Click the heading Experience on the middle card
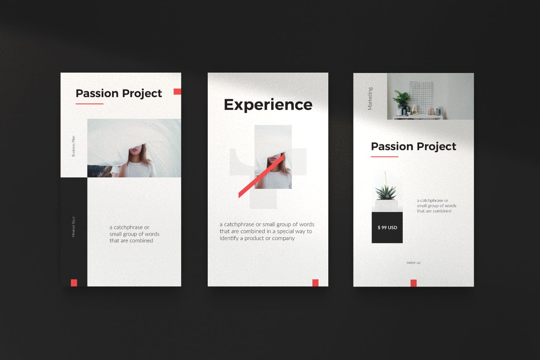[x=268, y=105]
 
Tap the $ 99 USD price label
[x=387, y=228]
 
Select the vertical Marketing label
[x=370, y=99]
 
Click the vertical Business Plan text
[x=74, y=146]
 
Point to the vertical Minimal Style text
[x=74, y=227]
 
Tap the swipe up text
[x=413, y=262]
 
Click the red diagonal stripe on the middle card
[x=261, y=176]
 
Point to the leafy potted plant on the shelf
[x=401, y=99]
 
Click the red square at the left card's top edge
[x=177, y=91]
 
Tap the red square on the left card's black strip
[x=74, y=283]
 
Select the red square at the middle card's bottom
[x=315, y=283]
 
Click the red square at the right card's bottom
[x=414, y=283]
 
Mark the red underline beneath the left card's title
[x=89, y=104]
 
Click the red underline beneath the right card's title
[x=385, y=157]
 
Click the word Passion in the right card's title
[x=392, y=146]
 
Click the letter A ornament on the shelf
[x=415, y=109]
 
